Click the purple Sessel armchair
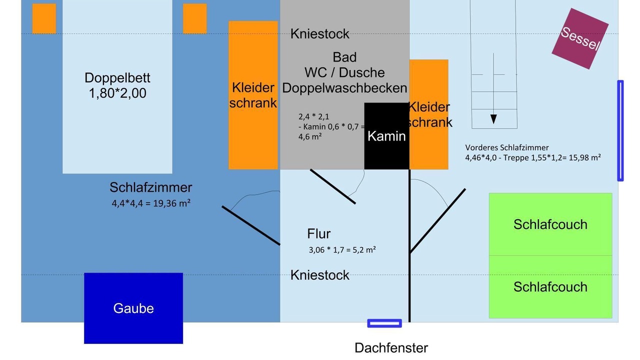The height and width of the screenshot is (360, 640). tap(580, 38)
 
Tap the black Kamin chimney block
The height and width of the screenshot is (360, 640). tap(386, 135)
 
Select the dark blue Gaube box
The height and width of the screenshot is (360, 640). tap(133, 308)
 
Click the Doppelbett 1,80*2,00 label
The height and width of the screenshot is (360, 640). tap(117, 85)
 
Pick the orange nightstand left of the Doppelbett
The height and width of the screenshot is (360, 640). tap(44, 18)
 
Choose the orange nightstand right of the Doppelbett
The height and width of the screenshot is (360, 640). tap(195, 18)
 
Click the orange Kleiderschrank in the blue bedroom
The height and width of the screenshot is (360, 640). tap(253, 95)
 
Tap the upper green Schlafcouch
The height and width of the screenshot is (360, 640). tap(550, 224)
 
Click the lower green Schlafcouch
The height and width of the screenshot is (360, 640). tap(550, 286)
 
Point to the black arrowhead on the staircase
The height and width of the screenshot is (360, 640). tap(493, 119)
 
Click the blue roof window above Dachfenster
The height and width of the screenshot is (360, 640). tap(384, 323)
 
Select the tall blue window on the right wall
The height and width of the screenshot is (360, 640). tap(620, 130)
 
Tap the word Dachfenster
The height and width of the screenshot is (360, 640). tap(391, 348)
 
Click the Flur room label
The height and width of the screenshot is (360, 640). tap(319, 233)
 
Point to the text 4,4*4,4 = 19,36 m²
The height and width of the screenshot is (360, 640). tap(151, 203)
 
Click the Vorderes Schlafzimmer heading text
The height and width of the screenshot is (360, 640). tap(507, 147)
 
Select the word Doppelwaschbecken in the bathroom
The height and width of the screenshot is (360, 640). tap(344, 88)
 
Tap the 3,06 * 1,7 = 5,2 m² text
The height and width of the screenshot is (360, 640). tap(342, 249)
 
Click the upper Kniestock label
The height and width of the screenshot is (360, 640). tap(320, 34)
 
